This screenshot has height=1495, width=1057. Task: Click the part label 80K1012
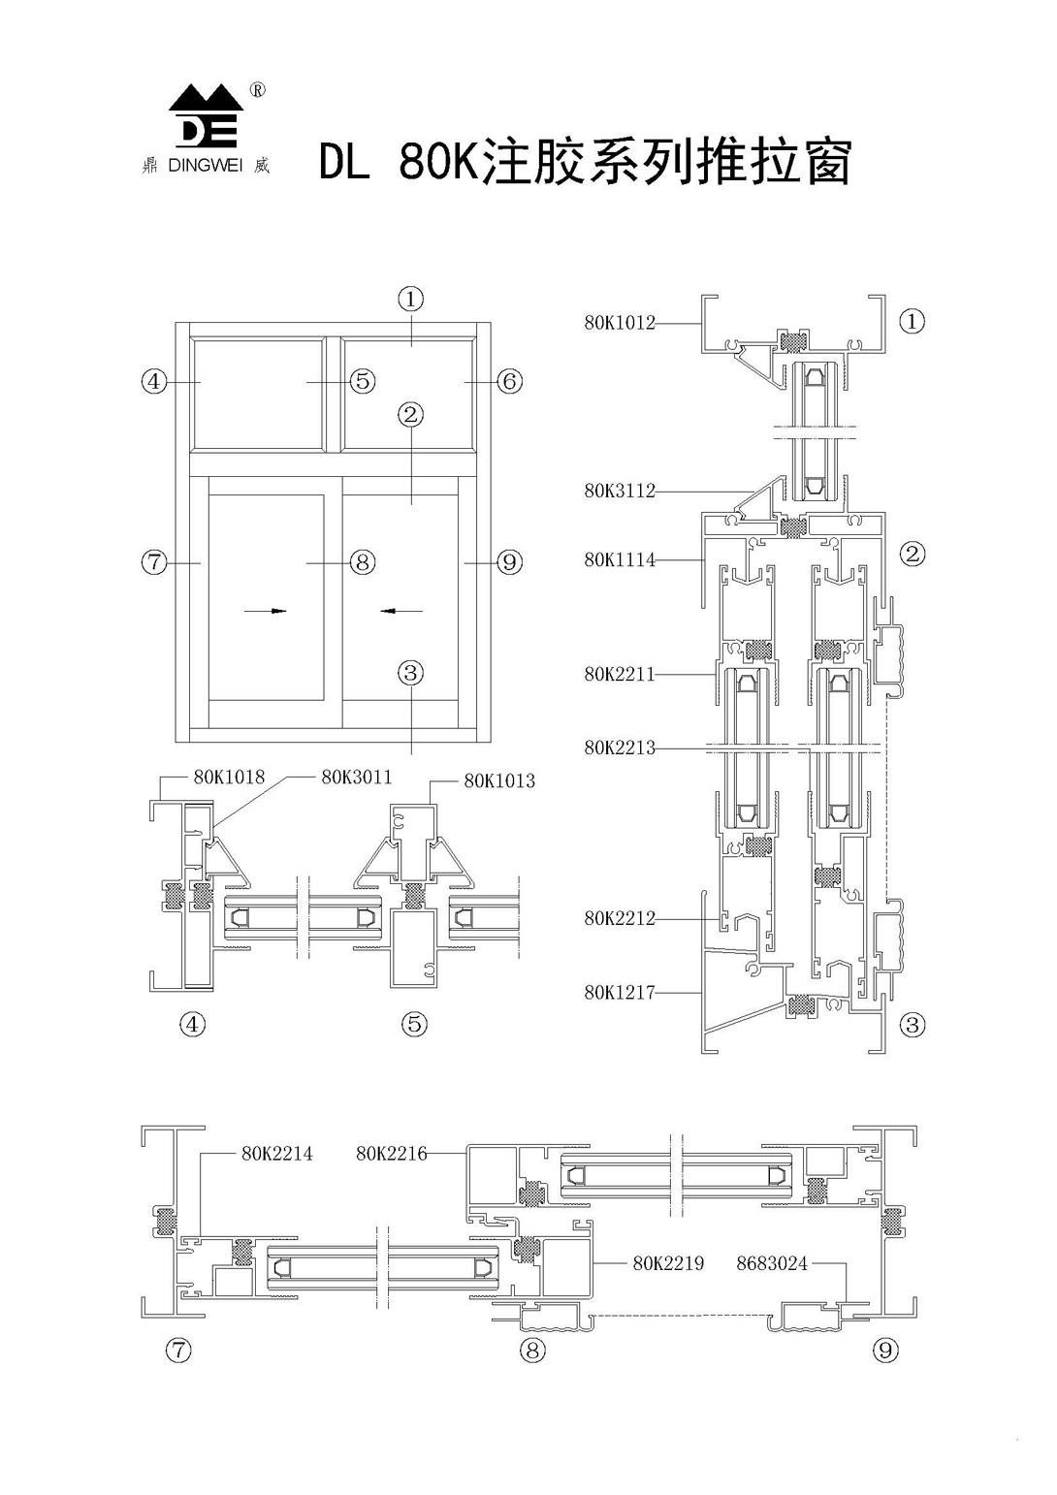click(620, 323)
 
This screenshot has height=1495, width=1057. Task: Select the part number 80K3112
click(620, 492)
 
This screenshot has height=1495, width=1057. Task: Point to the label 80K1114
click(620, 560)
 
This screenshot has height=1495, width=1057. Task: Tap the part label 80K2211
click(620, 674)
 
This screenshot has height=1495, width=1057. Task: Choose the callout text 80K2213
click(620, 747)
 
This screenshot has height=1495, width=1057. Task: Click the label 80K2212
click(620, 918)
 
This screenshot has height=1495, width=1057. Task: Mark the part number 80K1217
click(620, 993)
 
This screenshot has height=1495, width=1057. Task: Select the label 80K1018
click(229, 777)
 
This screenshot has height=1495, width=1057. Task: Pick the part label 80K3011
click(357, 777)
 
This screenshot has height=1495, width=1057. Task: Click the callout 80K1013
click(499, 780)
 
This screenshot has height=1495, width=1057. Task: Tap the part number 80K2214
click(277, 1154)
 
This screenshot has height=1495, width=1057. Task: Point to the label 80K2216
click(391, 1154)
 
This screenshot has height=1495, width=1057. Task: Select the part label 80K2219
click(668, 1263)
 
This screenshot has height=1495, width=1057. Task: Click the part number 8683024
click(772, 1263)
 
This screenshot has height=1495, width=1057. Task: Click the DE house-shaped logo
click(206, 116)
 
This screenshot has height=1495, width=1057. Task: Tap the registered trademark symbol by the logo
click(257, 90)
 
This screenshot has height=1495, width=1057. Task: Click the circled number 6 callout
click(509, 381)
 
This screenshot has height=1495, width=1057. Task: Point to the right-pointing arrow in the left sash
click(265, 611)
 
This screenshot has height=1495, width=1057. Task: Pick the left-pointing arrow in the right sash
click(402, 611)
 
